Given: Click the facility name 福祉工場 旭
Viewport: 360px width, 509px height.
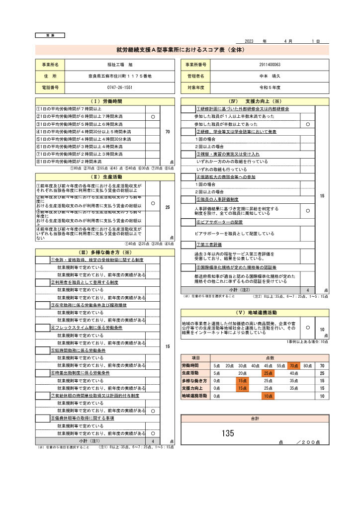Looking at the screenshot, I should coord(120,65).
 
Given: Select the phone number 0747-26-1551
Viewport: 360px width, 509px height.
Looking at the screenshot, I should coord(120,87).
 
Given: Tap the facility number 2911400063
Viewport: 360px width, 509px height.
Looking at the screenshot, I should coord(270,65).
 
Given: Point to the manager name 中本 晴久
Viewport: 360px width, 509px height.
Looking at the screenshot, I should coord(270,76).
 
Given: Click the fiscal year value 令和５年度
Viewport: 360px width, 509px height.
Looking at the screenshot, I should coord(270,87).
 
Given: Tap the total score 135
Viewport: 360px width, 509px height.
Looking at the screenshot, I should coord(228,433).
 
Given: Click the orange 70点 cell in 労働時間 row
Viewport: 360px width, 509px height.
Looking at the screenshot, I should coord(294,365).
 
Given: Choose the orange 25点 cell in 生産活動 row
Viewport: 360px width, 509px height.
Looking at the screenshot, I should coord(268,373).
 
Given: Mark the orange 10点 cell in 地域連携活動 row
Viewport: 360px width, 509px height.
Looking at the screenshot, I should coord(268,396).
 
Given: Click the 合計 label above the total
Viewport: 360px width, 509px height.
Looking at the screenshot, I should coord(255,419).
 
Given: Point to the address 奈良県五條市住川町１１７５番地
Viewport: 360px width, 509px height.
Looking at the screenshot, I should coord(120,76).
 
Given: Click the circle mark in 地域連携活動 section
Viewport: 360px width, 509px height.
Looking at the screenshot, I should coord(307,328).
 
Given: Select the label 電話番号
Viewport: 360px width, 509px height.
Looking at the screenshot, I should coord(50,87).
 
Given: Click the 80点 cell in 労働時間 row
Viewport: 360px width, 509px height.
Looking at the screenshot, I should coord(307,365).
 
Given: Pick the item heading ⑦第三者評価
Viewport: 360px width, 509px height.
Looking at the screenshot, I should coord(209,245).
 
